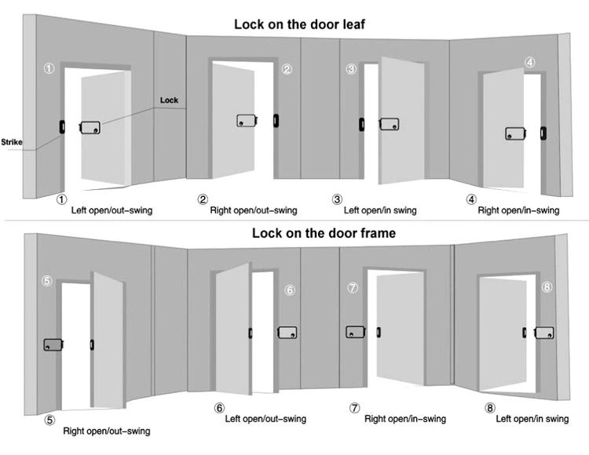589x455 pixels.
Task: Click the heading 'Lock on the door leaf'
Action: pos(299,24)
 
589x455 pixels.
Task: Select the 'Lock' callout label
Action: pos(169,100)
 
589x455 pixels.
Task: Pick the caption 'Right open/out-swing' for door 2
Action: pos(253,210)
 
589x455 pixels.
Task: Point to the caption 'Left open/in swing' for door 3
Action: pos(380,210)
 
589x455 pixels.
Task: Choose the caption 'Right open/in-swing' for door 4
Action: pos(518,210)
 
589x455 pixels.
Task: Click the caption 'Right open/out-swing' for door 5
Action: pos(106,431)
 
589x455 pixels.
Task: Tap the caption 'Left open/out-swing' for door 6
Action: pos(265,419)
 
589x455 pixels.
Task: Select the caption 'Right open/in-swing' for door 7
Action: pos(405,419)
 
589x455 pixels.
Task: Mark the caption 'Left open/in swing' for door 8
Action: pos(532,419)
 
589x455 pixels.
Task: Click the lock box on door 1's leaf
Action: pos(90,127)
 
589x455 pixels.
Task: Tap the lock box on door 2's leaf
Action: pos(248,121)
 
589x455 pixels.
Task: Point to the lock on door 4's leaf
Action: pos(516,133)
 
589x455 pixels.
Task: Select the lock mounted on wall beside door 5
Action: pos(53,344)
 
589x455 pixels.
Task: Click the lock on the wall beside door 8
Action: pos(544,333)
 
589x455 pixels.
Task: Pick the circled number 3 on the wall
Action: pos(351,70)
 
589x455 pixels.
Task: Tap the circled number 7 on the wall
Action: pos(353,288)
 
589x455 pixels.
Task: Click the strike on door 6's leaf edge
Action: pos(251,333)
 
